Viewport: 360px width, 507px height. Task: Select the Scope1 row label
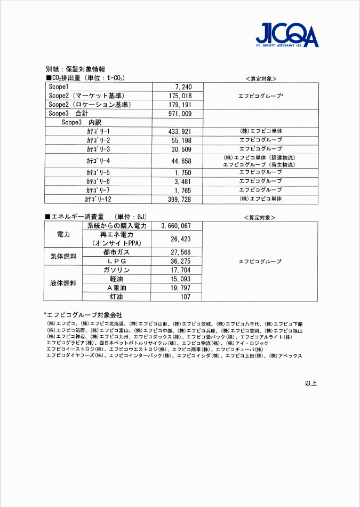[59, 87]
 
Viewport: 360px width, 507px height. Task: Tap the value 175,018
[179, 96]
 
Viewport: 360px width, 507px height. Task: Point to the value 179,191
[179, 105]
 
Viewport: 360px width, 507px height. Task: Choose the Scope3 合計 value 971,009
[179, 114]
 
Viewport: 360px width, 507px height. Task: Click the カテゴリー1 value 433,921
[179, 132]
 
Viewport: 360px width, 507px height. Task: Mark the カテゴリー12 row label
[98, 199]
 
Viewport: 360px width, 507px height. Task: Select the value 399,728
[179, 199]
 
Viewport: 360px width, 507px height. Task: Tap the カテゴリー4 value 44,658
[181, 161]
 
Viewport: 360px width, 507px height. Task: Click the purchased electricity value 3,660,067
[175, 226]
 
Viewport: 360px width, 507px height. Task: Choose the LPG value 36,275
[180, 262]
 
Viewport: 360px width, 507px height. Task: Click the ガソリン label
[116, 270]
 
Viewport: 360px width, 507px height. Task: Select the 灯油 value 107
[185, 297]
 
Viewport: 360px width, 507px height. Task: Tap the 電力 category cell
[63, 234]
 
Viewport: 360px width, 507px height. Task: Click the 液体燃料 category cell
[63, 283]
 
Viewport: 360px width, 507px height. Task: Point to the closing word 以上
[310, 383]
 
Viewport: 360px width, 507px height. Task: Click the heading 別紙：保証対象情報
[75, 69]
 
